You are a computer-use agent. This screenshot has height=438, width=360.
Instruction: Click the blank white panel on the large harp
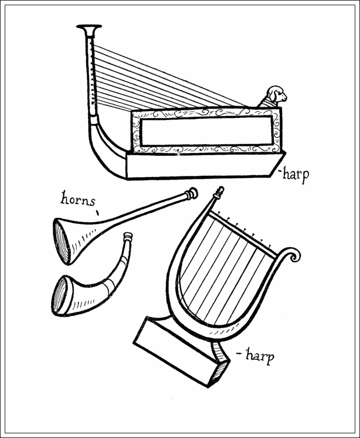pyautogui.click(x=207, y=131)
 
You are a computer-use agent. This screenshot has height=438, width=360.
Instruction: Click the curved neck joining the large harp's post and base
pyautogui.click(x=104, y=146)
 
